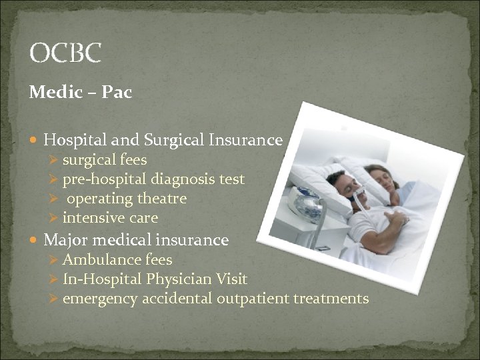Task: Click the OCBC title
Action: (65, 53)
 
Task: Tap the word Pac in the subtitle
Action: (117, 93)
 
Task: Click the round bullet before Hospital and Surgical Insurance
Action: (35, 141)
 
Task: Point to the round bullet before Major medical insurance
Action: (35, 240)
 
